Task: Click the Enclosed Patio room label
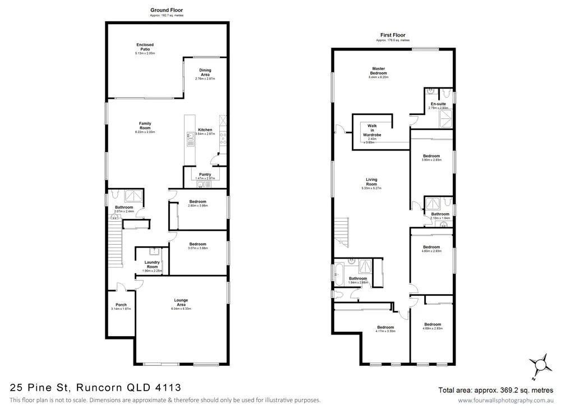pyautogui.click(x=145, y=47)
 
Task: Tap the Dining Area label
pyautogui.click(x=205, y=72)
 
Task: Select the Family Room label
pyautogui.click(x=145, y=126)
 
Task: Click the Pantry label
pyautogui.click(x=205, y=175)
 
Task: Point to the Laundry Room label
pyautogui.click(x=152, y=264)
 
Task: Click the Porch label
pyautogui.click(x=121, y=305)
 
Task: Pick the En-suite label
pyautogui.click(x=438, y=104)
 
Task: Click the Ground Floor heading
pyautogui.click(x=166, y=10)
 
